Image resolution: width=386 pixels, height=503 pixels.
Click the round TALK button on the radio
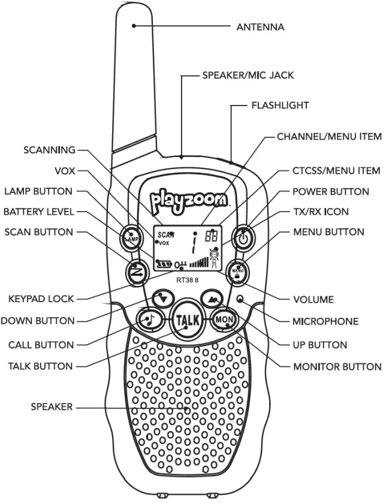pos(186,321)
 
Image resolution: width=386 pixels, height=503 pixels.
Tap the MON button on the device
pos(222,320)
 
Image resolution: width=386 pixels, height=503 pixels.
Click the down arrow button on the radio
pos(162,297)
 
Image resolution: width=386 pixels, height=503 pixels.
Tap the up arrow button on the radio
pos(210,297)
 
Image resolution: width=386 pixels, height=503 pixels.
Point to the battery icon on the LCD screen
pos(163,264)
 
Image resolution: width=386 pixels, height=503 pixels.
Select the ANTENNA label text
pos(260,27)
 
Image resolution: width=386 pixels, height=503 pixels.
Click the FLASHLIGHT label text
pos(279,106)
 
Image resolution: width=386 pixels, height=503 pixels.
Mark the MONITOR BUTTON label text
pos(336,366)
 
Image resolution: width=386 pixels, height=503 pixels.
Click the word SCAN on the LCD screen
pos(162,235)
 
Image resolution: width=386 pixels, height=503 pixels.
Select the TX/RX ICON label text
pos(320,212)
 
